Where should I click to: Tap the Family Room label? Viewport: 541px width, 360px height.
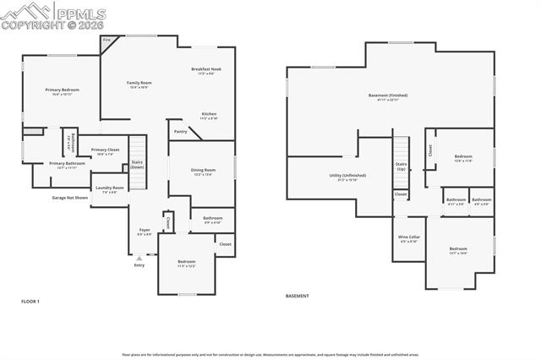[x=139, y=84]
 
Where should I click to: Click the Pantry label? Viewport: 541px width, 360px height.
[x=180, y=131]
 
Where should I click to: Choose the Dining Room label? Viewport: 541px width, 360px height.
[x=202, y=172]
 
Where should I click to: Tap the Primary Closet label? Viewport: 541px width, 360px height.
[x=106, y=151]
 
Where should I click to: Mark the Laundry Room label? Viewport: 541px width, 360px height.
[x=110, y=189]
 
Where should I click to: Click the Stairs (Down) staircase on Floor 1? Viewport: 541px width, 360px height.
[x=137, y=153]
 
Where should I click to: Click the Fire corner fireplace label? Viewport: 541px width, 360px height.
[x=107, y=41]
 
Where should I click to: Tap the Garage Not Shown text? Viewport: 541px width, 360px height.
[x=70, y=198]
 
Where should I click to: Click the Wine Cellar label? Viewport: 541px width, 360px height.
[x=409, y=238]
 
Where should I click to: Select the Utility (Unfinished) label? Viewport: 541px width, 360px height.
[x=342, y=177]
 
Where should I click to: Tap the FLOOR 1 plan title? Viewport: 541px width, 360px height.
[x=30, y=302]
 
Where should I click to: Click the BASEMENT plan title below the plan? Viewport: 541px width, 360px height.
[x=297, y=296]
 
